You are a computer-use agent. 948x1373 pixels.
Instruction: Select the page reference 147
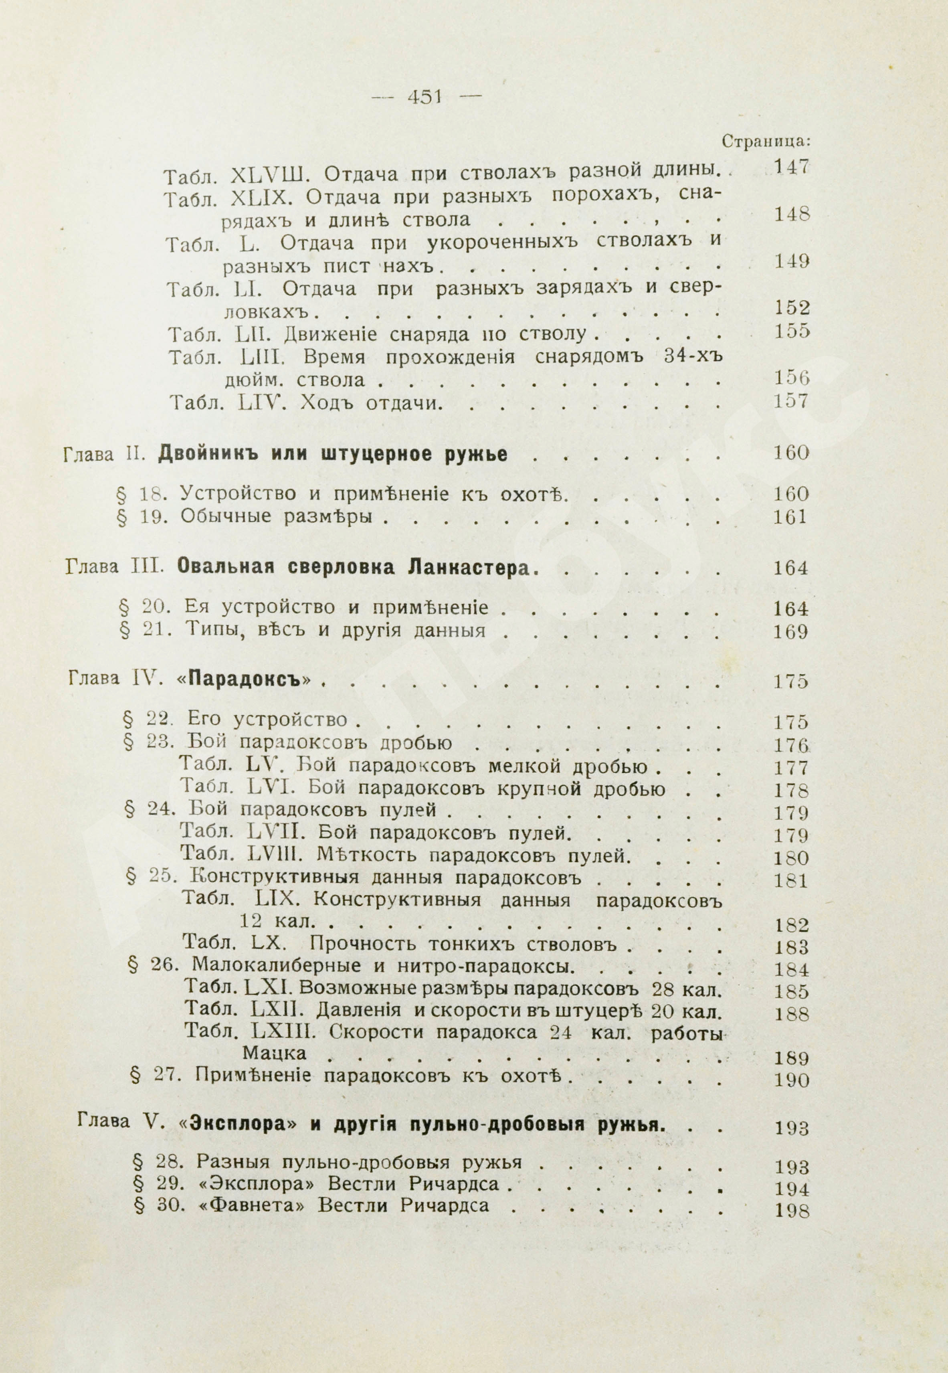pos(792,168)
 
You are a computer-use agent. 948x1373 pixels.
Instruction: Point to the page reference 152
pos(792,307)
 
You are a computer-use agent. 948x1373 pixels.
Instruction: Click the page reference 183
pos(792,946)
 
